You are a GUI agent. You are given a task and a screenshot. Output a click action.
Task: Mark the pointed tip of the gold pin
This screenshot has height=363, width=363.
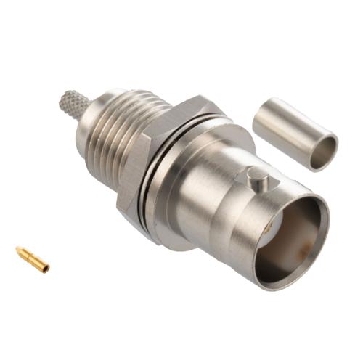pos(18,251)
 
